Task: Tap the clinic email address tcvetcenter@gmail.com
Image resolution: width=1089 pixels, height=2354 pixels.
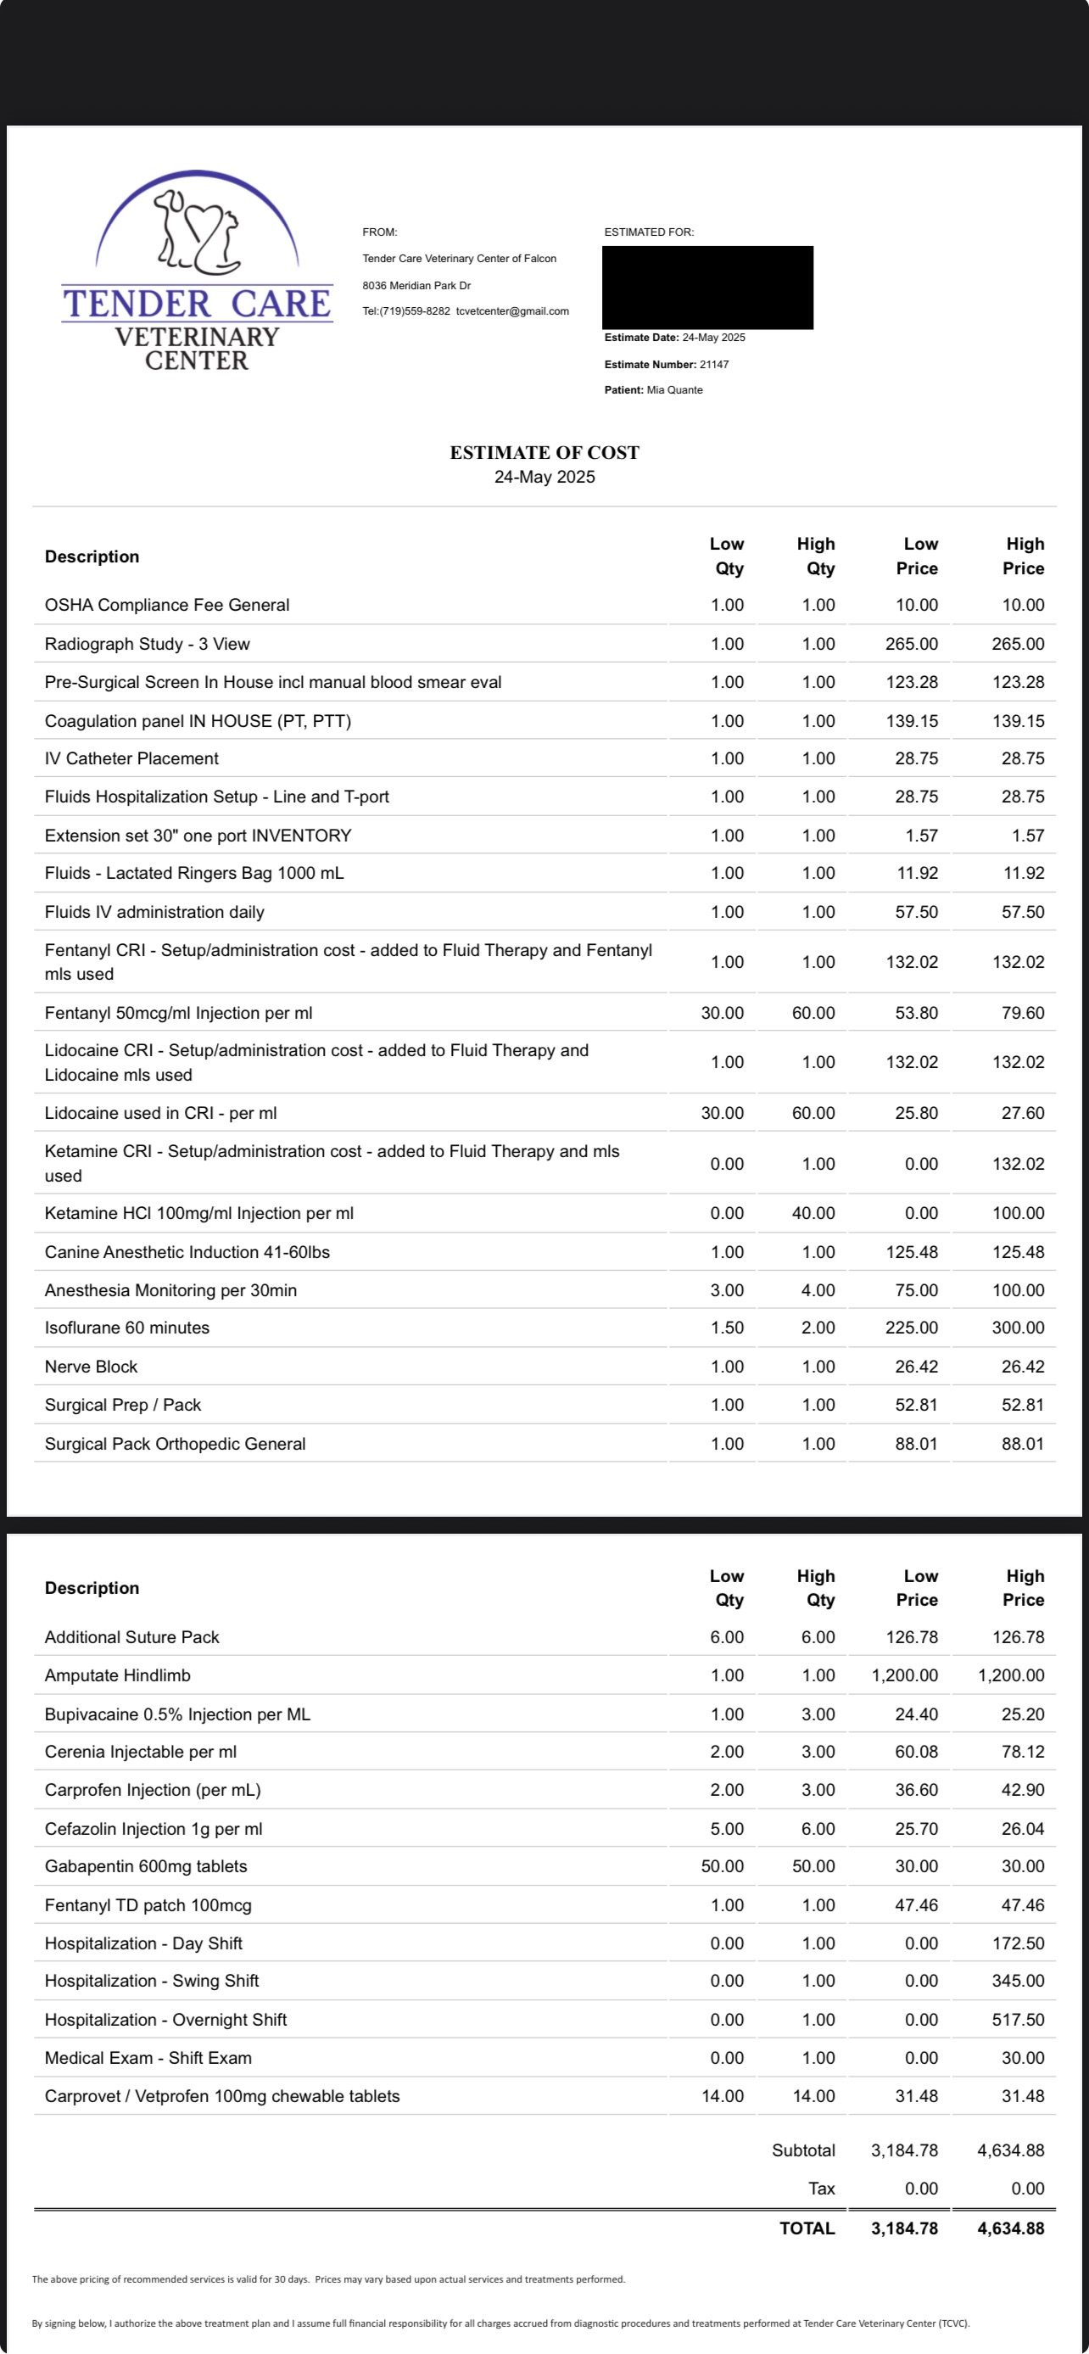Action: (x=512, y=311)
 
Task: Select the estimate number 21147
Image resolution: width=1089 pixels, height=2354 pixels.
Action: (x=714, y=365)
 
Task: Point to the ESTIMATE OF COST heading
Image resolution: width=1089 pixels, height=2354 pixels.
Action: (x=544, y=452)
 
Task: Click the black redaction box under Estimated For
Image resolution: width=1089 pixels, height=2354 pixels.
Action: (x=707, y=287)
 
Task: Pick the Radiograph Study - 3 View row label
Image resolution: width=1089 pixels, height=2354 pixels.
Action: (x=147, y=644)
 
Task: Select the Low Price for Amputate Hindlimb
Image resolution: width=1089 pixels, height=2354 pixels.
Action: (x=903, y=1675)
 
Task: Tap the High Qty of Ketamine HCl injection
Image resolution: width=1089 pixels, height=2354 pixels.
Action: (x=813, y=1214)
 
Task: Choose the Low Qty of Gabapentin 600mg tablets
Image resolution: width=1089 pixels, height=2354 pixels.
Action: (x=722, y=1867)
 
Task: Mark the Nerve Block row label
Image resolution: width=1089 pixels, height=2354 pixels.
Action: (x=92, y=1367)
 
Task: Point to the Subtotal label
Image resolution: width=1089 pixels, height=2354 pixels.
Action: (x=803, y=2150)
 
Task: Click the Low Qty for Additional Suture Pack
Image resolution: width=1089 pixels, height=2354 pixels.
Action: (x=727, y=1637)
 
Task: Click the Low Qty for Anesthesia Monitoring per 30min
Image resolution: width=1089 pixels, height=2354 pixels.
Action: (x=727, y=1290)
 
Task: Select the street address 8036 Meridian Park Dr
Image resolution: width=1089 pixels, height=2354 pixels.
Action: (x=416, y=286)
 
